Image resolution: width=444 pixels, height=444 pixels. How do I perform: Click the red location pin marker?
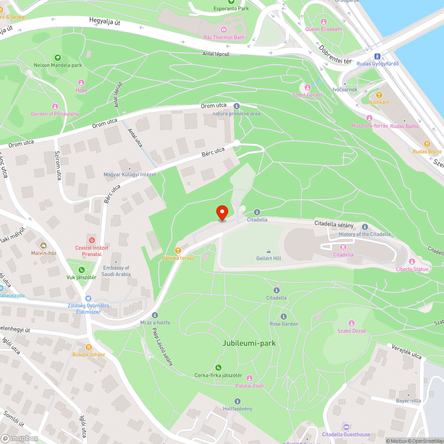(x=222, y=213)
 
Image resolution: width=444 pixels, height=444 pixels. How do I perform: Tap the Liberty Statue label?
(x=412, y=269)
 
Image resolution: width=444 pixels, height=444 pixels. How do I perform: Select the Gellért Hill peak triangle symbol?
(x=268, y=251)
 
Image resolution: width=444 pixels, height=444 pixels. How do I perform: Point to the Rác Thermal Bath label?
(x=224, y=37)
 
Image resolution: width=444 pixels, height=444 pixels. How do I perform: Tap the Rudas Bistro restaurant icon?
(x=427, y=144)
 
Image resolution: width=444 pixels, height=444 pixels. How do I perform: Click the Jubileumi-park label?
(x=249, y=343)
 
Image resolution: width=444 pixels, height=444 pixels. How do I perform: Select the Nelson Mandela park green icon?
(x=57, y=58)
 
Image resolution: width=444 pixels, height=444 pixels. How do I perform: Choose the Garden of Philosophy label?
(x=55, y=114)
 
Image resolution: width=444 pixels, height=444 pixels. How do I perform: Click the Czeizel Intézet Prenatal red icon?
(x=92, y=240)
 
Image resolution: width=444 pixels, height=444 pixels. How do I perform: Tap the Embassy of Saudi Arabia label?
(x=116, y=271)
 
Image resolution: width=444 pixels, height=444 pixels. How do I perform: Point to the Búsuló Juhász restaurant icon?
(x=89, y=347)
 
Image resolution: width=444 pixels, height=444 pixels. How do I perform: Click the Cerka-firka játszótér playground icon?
(x=218, y=368)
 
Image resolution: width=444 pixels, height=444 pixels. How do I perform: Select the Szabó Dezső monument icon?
(x=352, y=323)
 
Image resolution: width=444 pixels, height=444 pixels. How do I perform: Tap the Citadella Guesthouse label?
(x=346, y=434)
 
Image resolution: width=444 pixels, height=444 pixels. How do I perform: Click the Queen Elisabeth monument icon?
(x=324, y=21)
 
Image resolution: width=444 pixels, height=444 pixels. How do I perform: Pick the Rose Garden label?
(x=284, y=324)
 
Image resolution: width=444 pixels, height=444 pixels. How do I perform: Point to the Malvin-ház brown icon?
(x=44, y=245)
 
